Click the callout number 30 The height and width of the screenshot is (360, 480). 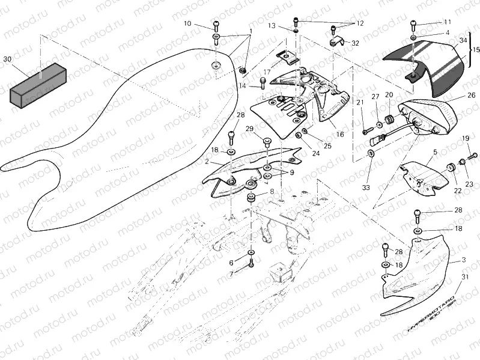pyautogui.click(x=7, y=59)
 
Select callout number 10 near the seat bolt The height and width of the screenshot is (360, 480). pyautogui.click(x=187, y=24)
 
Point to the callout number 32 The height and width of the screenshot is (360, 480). pyautogui.click(x=355, y=43)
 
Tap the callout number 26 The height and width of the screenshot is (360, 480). pyautogui.click(x=471, y=95)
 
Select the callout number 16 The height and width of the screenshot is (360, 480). pyautogui.click(x=340, y=134)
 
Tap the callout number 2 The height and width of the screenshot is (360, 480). pyautogui.click(x=206, y=162)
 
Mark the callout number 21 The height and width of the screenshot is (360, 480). pyautogui.click(x=360, y=103)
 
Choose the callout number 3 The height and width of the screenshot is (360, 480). pyautogui.click(x=464, y=260)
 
